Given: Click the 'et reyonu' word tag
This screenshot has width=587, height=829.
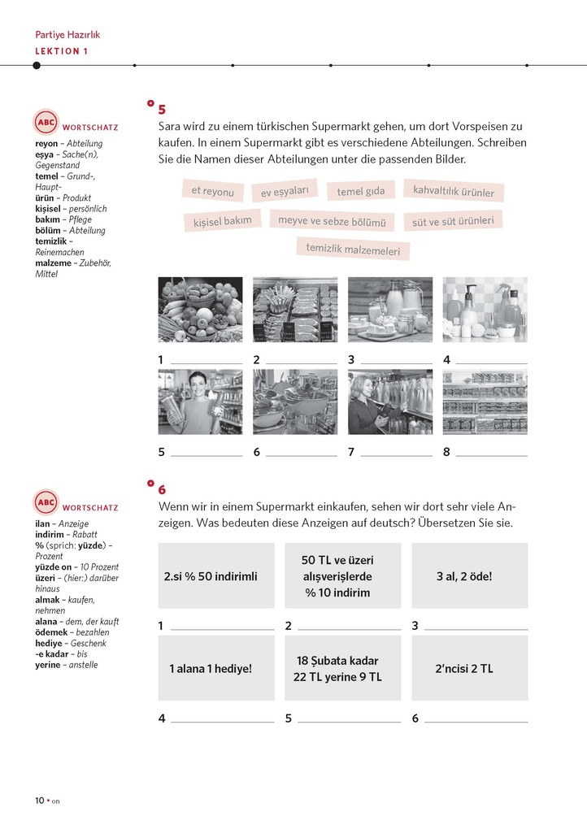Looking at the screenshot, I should point(212,191).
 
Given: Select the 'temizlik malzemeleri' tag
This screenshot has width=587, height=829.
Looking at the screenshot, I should point(353,249).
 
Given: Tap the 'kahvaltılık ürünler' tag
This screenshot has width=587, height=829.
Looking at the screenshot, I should point(453,192).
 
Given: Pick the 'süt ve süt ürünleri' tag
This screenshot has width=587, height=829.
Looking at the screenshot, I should point(452,220).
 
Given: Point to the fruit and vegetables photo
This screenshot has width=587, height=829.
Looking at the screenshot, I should point(200,309).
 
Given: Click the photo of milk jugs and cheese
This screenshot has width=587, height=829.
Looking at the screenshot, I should point(390,309).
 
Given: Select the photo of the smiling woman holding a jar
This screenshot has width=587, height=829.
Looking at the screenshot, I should point(200,401).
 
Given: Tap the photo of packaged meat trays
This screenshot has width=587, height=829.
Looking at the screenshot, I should point(295,309).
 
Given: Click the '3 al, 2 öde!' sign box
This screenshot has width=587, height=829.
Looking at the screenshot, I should point(469,575).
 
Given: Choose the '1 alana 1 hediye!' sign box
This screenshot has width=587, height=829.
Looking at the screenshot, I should point(211,668).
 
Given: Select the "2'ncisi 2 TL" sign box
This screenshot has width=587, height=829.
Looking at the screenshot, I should point(469,668).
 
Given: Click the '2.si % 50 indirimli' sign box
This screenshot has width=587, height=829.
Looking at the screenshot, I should point(211,575).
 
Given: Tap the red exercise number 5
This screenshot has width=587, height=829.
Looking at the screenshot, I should point(162,110).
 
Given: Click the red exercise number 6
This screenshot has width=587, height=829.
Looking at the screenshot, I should point(162,489).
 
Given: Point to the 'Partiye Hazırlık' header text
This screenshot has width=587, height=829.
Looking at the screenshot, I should point(67,35).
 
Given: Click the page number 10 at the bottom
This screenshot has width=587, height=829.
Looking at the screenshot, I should point(39,800).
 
